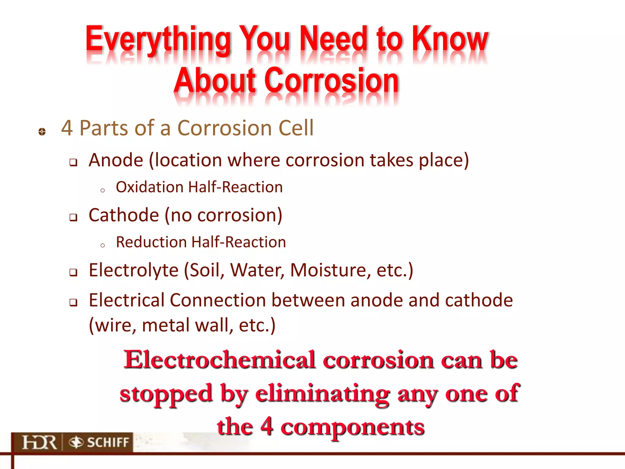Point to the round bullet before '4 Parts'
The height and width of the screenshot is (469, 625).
pyautogui.click(x=42, y=132)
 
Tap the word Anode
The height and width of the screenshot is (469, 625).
pyautogui.click(x=116, y=160)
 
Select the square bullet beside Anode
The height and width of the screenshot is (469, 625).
pyautogui.click(x=73, y=162)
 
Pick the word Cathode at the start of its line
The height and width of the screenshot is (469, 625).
pyautogui.click(x=124, y=215)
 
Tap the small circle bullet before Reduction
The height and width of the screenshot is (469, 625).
pyautogui.click(x=103, y=245)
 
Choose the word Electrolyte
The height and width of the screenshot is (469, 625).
pyautogui.click(x=133, y=270)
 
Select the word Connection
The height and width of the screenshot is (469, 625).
pyautogui.click(x=218, y=300)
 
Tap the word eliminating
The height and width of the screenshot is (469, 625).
pyautogui.click(x=322, y=393)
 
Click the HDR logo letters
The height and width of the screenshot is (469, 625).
pyautogui.click(x=39, y=442)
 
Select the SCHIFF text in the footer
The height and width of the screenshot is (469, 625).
pyautogui.click(x=108, y=442)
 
